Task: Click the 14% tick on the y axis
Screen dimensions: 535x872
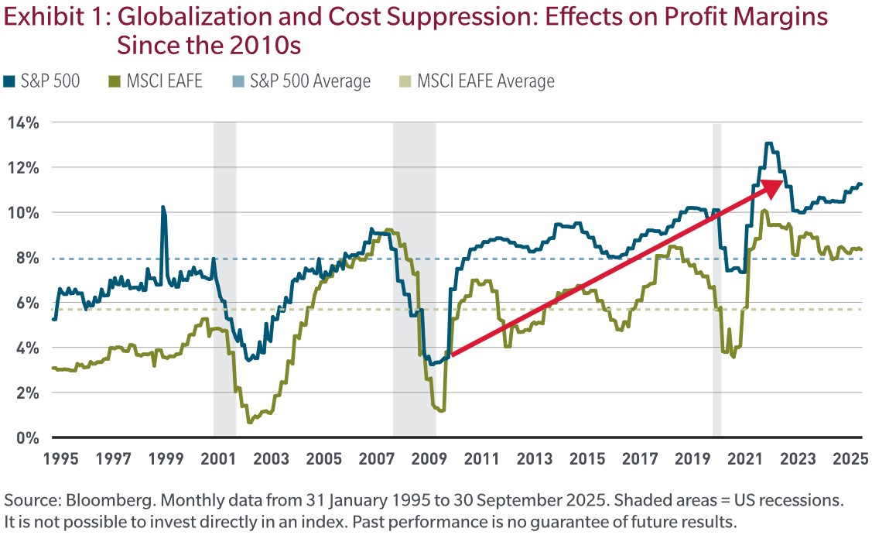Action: click(x=23, y=122)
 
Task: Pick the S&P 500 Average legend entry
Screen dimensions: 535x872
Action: click(x=309, y=81)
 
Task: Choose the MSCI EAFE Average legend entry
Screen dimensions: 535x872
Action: click(x=485, y=81)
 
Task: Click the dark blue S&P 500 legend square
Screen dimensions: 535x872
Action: click(x=9, y=81)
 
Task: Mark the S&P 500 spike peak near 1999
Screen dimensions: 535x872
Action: click(x=162, y=207)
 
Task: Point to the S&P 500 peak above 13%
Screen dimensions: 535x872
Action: click(x=768, y=143)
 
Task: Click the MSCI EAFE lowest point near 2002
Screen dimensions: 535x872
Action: click(x=249, y=422)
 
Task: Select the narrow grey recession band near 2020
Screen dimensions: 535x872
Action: click(x=716, y=279)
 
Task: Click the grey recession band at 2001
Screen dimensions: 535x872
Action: click(x=224, y=279)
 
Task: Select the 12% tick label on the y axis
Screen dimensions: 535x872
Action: click(x=23, y=167)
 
